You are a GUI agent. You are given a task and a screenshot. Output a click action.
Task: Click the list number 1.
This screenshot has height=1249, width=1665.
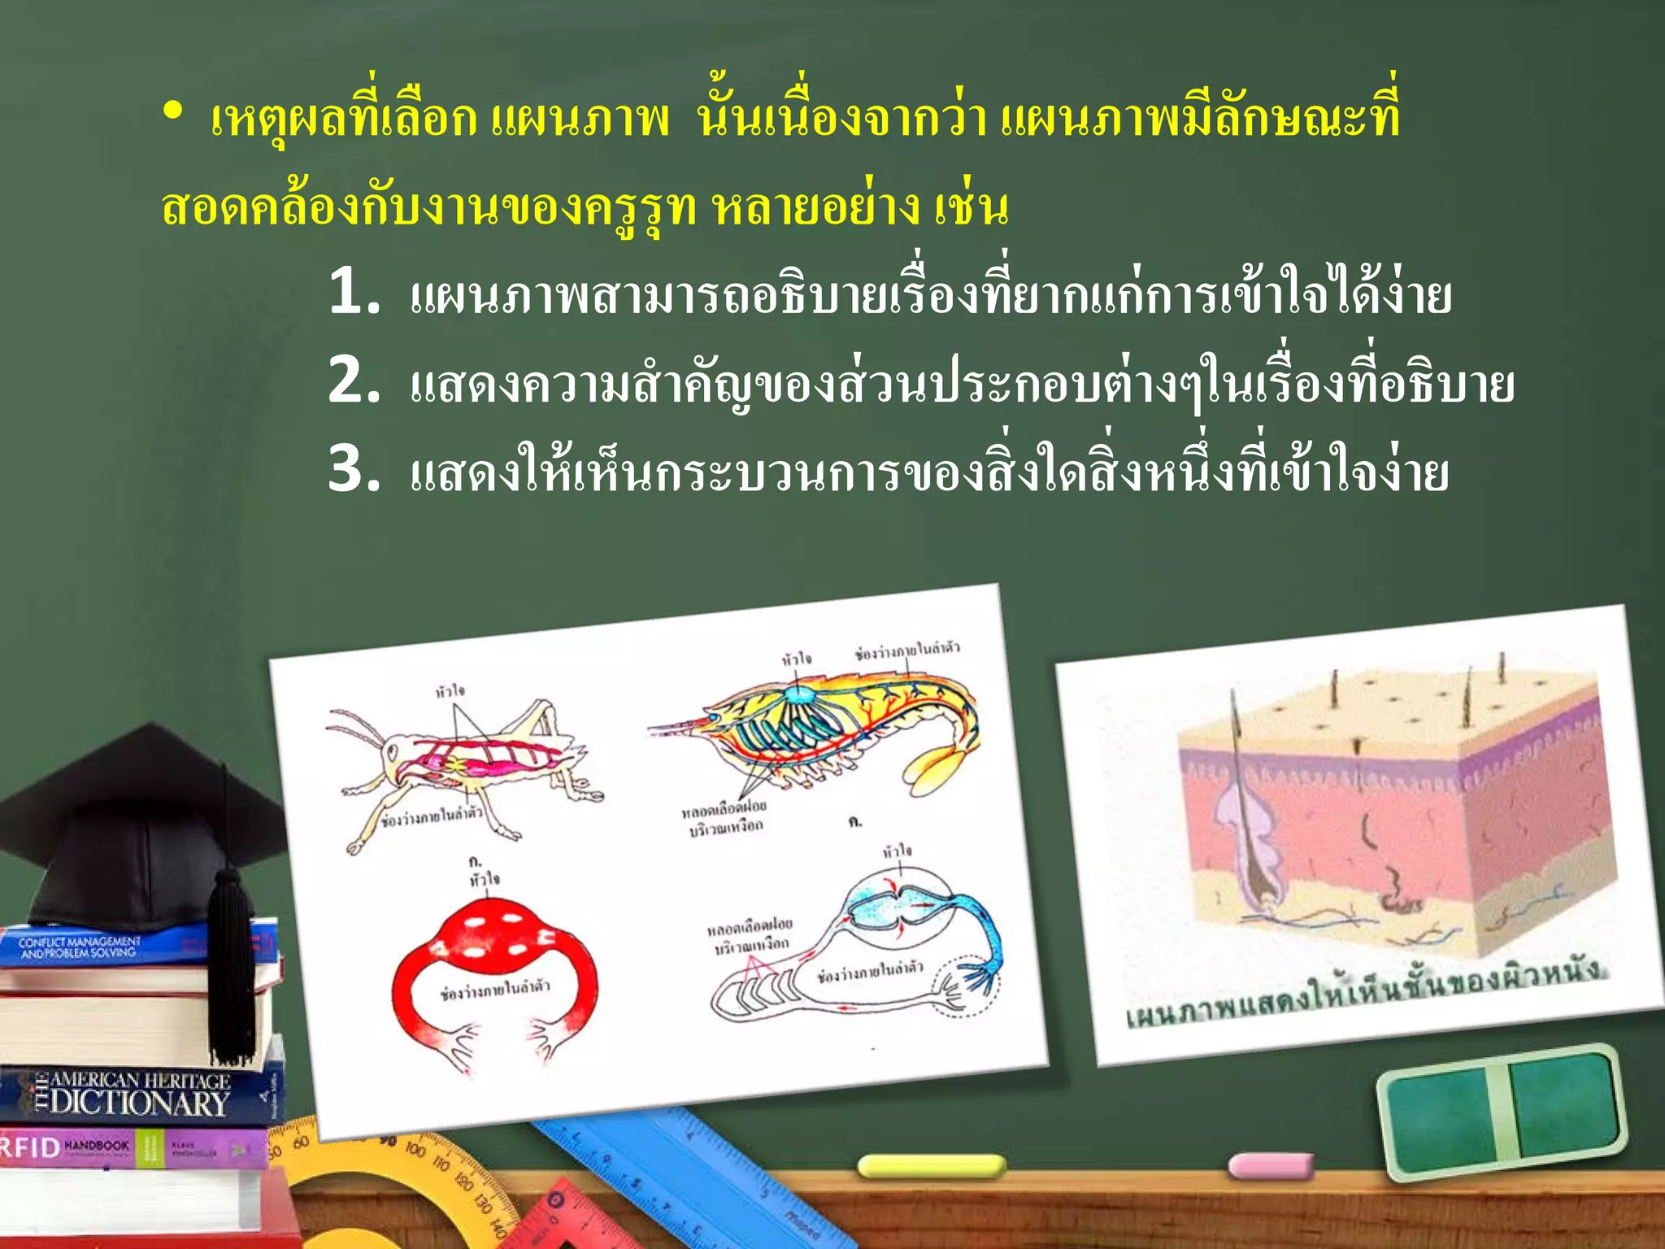[x=353, y=292]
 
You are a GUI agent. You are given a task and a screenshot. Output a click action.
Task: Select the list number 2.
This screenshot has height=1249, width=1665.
[x=353, y=381]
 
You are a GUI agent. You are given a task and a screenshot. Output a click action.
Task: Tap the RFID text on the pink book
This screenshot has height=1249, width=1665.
[x=31, y=1147]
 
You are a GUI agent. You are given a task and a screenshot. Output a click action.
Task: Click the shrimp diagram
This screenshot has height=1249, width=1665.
[x=821, y=724]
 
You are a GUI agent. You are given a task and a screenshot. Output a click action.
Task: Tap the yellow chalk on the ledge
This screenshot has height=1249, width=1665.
[x=932, y=1166]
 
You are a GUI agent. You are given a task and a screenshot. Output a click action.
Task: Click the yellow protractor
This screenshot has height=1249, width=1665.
[x=390, y=1171]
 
